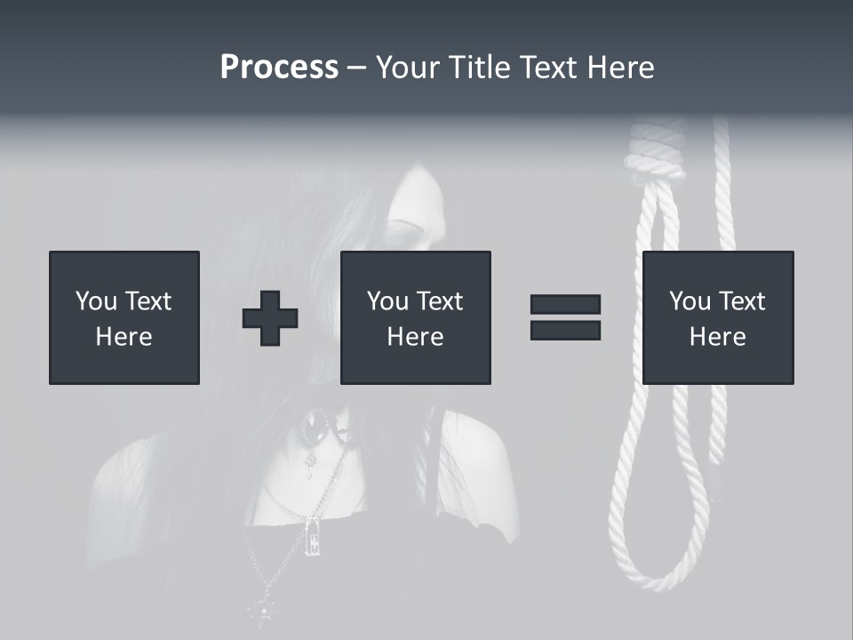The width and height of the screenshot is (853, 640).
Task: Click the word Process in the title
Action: click(x=279, y=68)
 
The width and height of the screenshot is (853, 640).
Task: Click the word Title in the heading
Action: click(x=477, y=68)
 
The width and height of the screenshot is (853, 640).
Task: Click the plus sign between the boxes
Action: click(x=270, y=318)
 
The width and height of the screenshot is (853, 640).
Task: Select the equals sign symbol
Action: click(x=565, y=317)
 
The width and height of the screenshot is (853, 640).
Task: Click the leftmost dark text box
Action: click(x=124, y=317)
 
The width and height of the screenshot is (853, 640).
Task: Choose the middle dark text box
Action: click(x=415, y=317)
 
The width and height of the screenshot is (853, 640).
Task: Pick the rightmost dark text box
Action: click(x=717, y=317)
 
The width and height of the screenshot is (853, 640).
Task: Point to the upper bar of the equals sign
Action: click(x=565, y=305)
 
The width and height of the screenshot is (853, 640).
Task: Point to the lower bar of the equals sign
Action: click(x=565, y=330)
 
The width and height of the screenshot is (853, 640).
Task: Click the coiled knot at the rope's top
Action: click(x=655, y=151)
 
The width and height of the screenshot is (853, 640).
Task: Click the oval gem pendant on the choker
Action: click(x=315, y=428)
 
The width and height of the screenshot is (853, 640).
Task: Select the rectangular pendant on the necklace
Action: click(x=313, y=535)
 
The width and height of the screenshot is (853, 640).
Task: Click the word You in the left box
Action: click(x=96, y=301)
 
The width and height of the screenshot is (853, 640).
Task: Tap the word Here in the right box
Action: click(x=717, y=336)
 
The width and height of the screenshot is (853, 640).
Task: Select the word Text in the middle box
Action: click(x=441, y=301)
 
